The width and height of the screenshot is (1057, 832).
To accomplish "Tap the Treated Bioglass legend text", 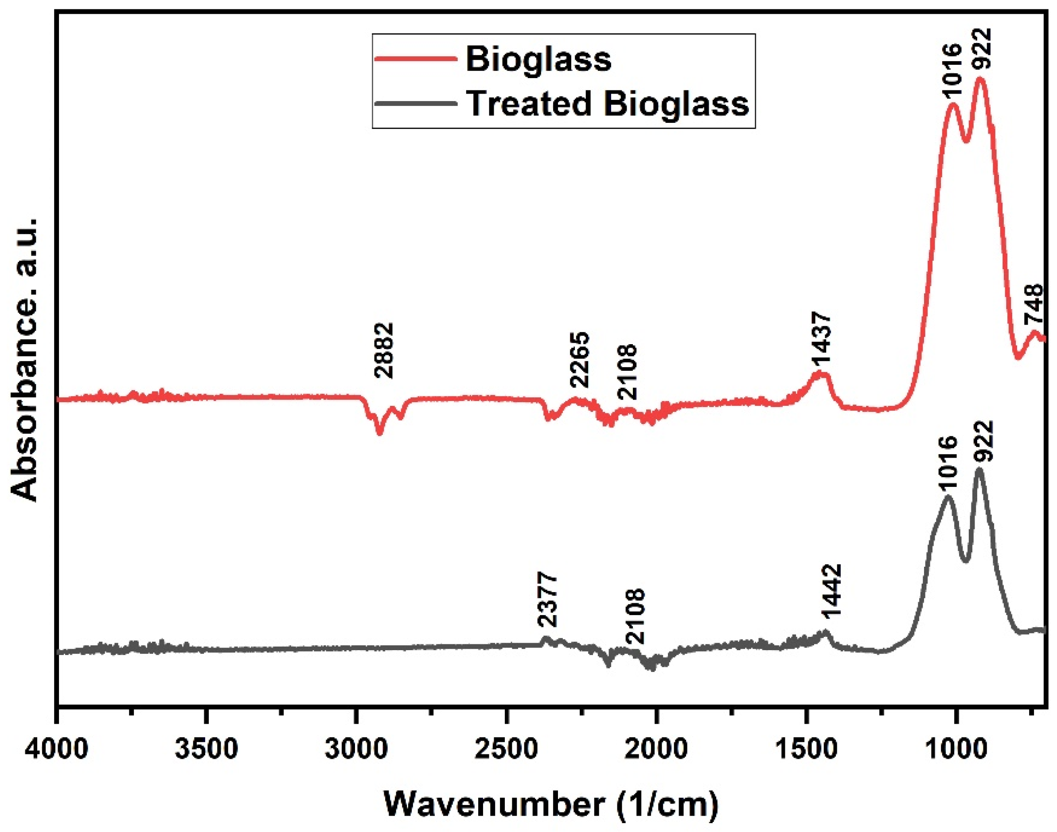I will click(x=607, y=103).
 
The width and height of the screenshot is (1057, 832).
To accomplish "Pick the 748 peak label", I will click(x=1034, y=304).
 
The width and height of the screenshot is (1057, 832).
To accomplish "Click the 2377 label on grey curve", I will click(x=547, y=600).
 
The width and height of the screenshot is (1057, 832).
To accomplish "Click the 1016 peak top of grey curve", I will click(x=947, y=497).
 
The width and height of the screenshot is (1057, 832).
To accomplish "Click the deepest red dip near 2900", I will click(x=379, y=433).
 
